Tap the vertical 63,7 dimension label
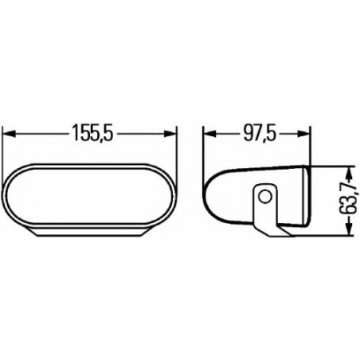coord(343,202)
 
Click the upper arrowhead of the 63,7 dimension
coord(348,171)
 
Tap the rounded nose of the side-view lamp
coord(209,196)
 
